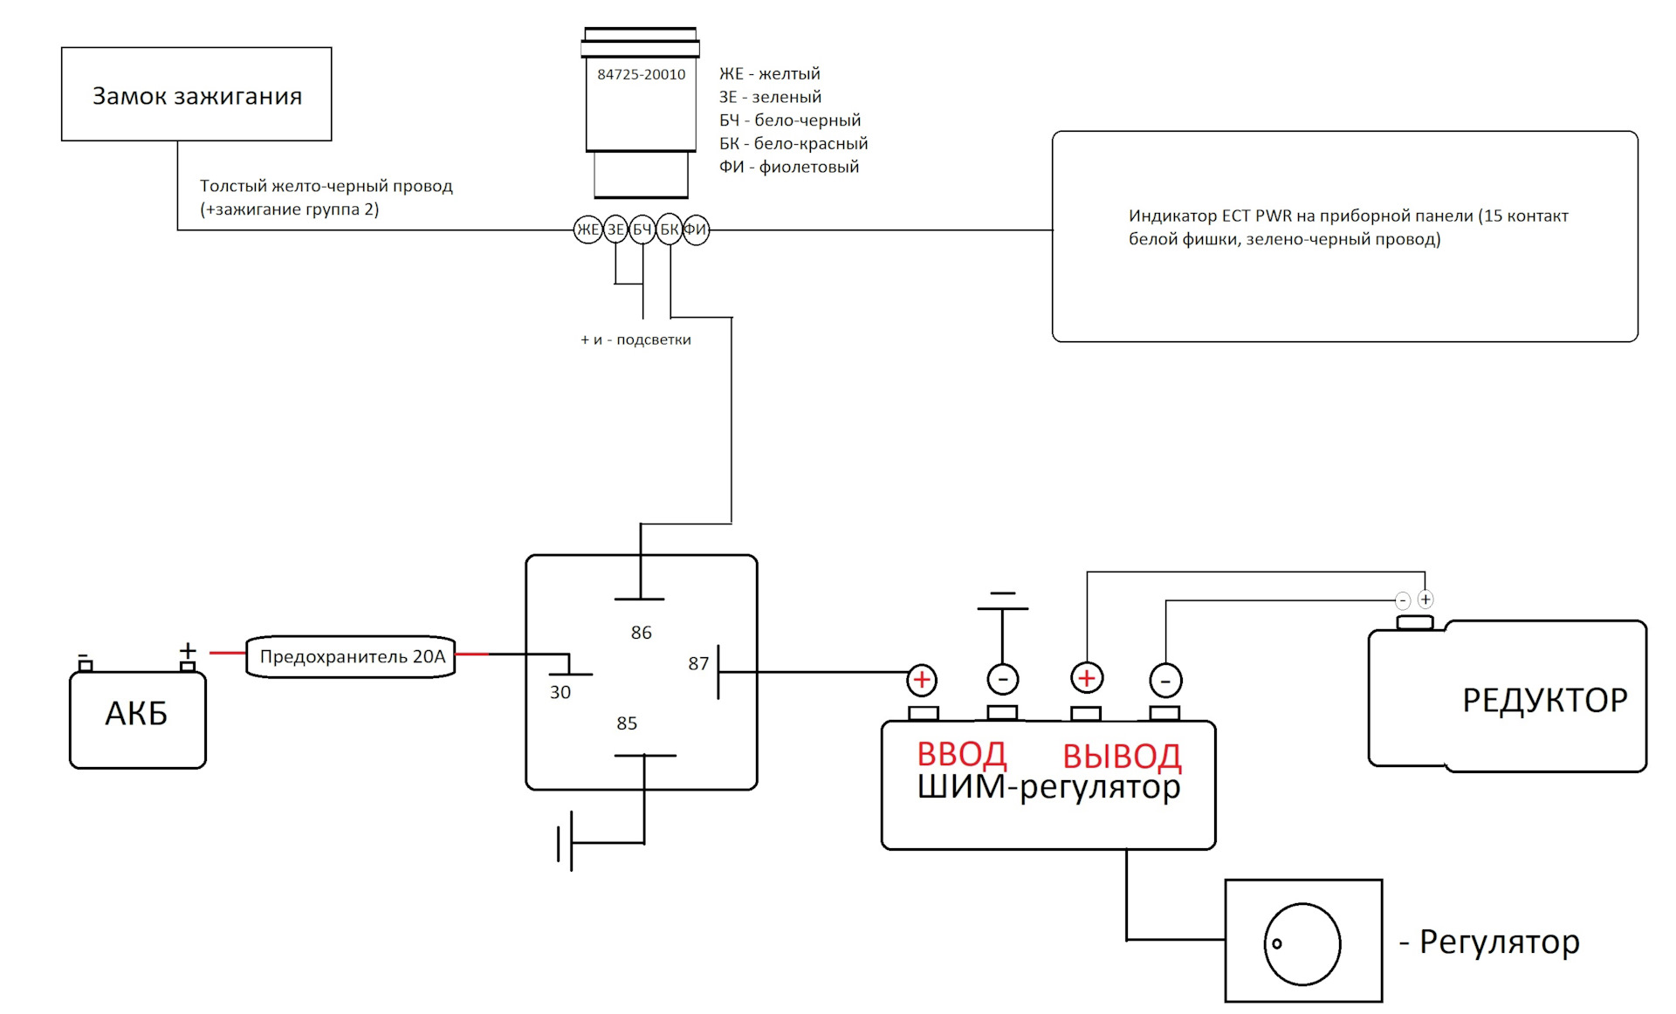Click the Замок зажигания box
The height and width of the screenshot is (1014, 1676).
[196, 94]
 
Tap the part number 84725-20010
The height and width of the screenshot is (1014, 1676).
[641, 74]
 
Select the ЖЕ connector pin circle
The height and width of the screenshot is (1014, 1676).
[587, 230]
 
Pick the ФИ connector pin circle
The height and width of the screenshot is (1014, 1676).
[696, 230]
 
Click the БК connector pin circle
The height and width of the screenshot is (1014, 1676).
[670, 230]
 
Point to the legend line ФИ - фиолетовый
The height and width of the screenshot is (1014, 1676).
[788, 167]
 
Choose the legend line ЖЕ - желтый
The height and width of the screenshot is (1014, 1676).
[769, 74]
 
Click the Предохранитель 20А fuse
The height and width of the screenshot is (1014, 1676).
[351, 656]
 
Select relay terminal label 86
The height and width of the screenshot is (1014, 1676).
[641, 633]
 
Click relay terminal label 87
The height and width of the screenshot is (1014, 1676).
[698, 664]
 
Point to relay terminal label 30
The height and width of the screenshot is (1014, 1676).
[560, 692]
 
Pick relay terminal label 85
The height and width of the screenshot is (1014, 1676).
[627, 723]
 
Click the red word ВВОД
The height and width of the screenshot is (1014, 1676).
[961, 754]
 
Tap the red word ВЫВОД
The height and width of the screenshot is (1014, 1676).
[1122, 756]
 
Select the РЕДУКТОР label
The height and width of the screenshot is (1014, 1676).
[1544, 700]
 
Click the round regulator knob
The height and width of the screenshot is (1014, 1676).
[1302, 944]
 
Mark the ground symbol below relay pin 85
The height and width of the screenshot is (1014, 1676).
[566, 842]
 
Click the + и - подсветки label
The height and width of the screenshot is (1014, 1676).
[635, 339]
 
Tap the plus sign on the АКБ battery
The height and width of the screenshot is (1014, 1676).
[188, 651]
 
